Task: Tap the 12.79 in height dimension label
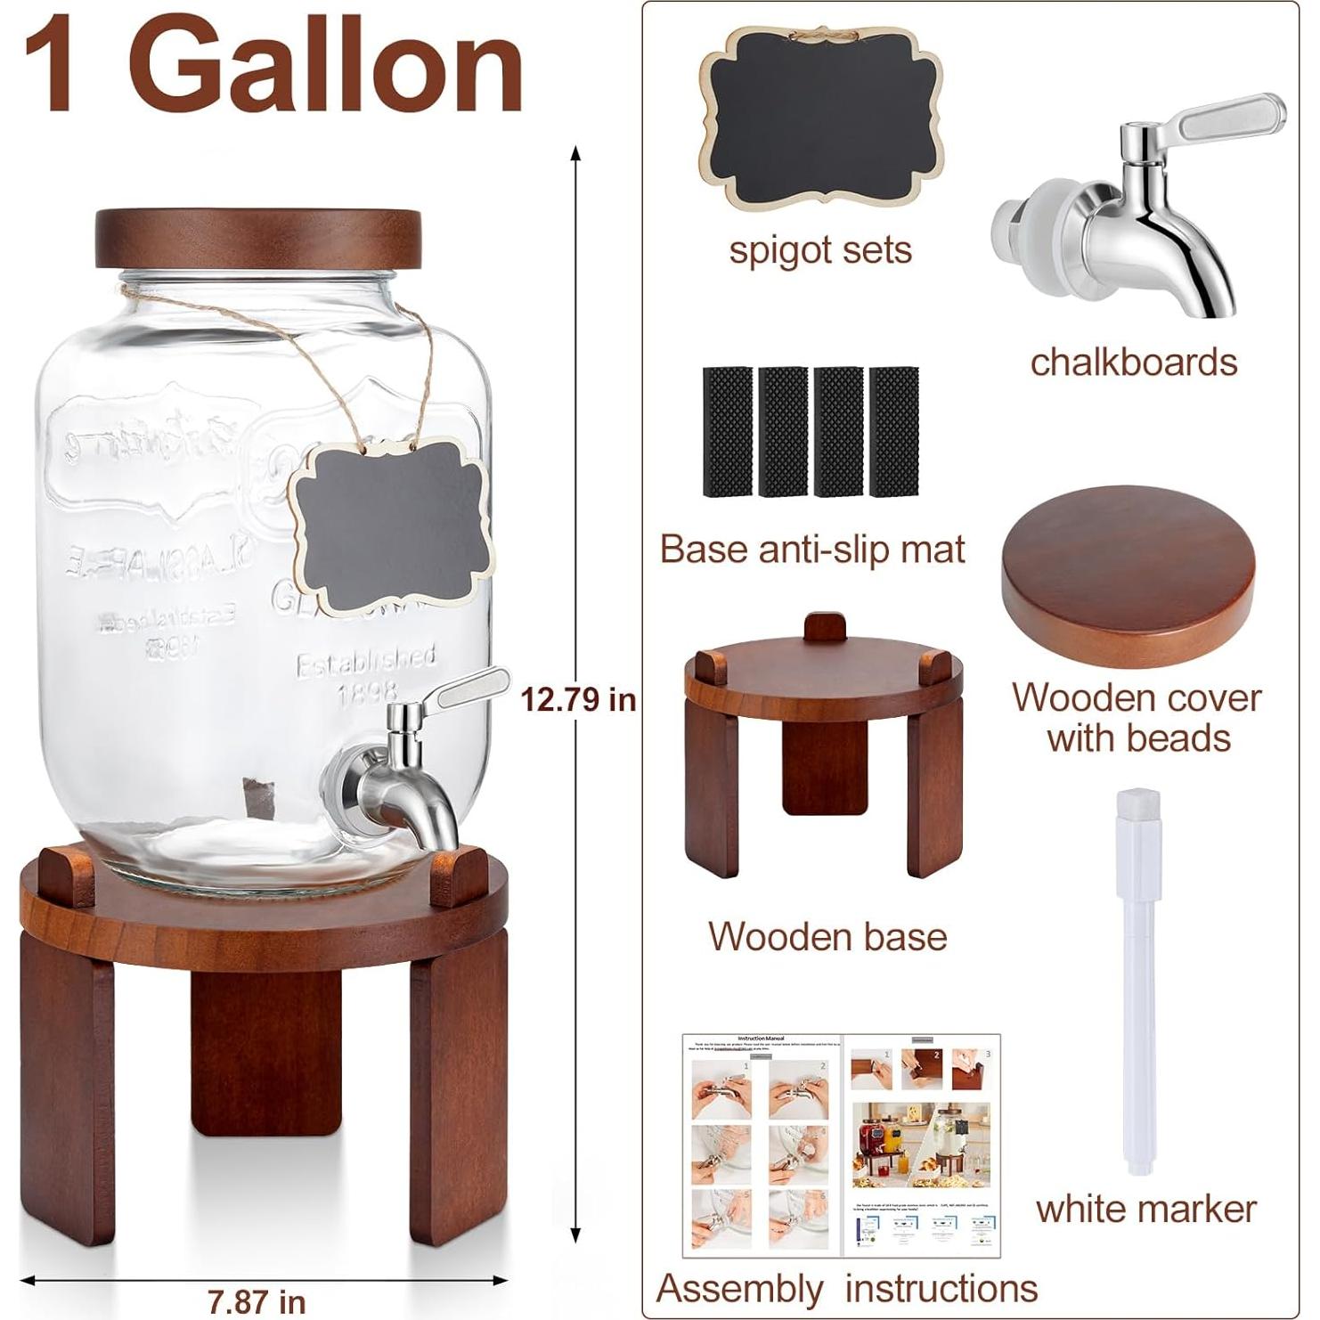pos(578,700)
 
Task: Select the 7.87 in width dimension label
pos(257,1301)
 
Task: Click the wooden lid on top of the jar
pos(257,238)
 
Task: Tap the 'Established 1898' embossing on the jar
pos(365,673)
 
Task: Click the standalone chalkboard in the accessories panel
pos(820,117)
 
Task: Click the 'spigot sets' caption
pos(820,250)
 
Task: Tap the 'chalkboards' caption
pos(1134,363)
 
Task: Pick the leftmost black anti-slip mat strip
pos(728,431)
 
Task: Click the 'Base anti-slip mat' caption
pos(812,550)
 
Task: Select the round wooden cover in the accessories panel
pos(1129,575)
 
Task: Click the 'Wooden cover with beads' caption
pos(1137,718)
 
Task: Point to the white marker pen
pos(1137,981)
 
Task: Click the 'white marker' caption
pos(1145,1210)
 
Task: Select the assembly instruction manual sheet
pos(841,1145)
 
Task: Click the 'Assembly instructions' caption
pos(846,1288)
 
